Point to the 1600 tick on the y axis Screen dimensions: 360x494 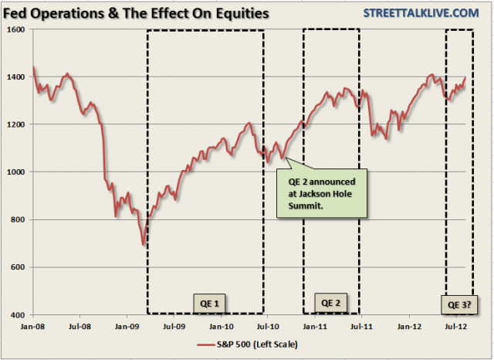[15, 29]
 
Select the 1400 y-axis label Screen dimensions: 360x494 [15, 77]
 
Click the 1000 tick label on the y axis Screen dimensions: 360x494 [15, 172]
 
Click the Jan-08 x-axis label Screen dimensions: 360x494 [32, 326]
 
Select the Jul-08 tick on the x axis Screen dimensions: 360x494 [80, 326]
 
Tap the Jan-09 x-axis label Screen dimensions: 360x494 [127, 326]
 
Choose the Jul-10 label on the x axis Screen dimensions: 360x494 [268, 326]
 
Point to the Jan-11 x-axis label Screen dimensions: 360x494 [315, 326]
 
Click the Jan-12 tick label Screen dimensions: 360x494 [409, 326]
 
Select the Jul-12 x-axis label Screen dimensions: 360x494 [456, 326]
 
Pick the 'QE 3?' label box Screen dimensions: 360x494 [459, 304]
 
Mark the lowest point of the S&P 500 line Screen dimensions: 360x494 [142, 245]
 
